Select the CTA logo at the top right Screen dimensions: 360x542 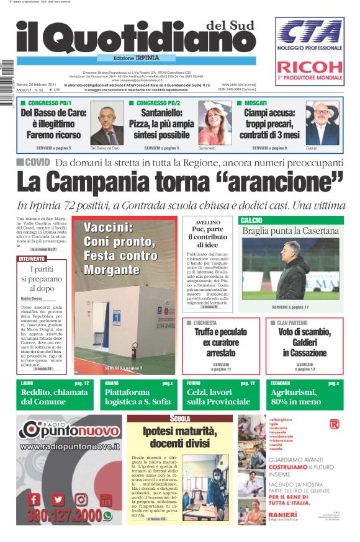(x=310, y=33)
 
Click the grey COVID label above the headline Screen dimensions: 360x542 (x=34, y=162)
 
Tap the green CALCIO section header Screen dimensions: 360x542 (x=251, y=220)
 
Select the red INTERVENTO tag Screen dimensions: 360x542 (x=32, y=259)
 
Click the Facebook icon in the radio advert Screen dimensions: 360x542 (x=35, y=499)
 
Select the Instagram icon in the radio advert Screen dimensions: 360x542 (x=81, y=499)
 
